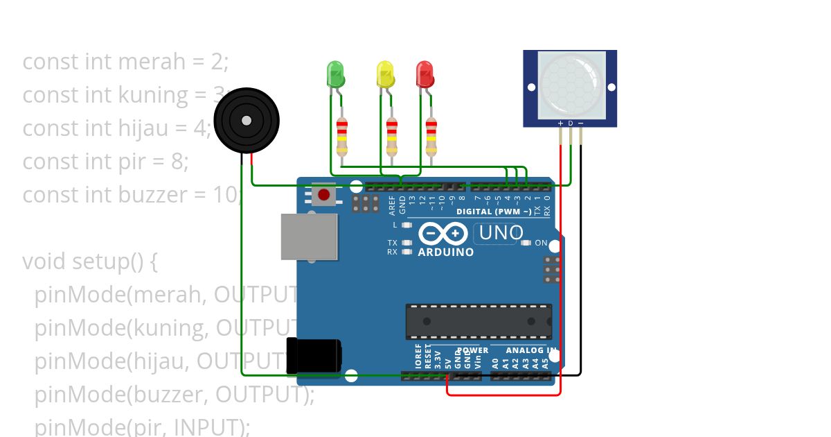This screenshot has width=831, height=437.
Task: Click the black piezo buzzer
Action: (246, 121)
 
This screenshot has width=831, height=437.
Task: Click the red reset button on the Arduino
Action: (323, 194)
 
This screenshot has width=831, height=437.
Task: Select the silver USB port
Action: (309, 237)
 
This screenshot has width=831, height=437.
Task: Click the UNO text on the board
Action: (501, 233)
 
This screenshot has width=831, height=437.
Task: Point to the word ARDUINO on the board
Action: (446, 252)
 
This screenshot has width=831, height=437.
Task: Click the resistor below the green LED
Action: (341, 137)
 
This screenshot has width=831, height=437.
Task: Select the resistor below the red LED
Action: (431, 137)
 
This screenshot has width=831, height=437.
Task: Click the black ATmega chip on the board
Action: (479, 321)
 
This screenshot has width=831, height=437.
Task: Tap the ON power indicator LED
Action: (527, 243)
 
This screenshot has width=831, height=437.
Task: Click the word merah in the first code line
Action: (152, 62)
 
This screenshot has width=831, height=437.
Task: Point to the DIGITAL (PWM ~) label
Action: (494, 212)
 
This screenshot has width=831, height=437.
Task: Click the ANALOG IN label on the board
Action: (530, 350)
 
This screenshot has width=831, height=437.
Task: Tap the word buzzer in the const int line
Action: (150, 195)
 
